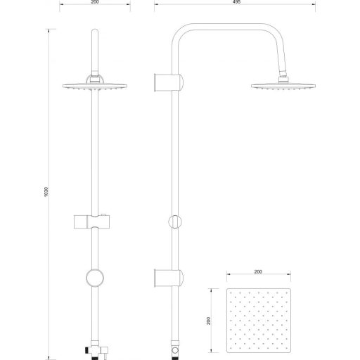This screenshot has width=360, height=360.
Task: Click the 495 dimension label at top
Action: click(237, 2)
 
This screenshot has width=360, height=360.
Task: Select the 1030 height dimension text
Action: click(46, 192)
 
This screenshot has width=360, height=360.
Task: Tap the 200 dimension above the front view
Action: click(95, 2)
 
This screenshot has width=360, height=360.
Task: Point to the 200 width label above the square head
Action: click(258, 271)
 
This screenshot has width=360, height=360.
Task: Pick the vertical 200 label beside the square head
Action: click(209, 321)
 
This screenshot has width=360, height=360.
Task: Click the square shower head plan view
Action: click(259, 321)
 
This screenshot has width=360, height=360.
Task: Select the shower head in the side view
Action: click(283, 86)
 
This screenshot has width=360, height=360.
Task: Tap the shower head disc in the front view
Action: click(95, 86)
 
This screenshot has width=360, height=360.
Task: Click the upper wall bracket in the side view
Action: click(169, 83)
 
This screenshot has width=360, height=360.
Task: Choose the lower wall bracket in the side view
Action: click(169, 278)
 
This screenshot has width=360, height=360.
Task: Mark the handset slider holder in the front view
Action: click(92, 221)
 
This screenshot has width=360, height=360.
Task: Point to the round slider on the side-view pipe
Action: click(175, 221)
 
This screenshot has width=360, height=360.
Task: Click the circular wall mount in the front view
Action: click(95, 278)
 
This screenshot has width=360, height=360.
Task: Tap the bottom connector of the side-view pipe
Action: click(175, 350)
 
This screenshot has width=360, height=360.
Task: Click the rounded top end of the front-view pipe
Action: click(95, 32)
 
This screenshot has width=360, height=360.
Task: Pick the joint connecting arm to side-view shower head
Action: click(283, 77)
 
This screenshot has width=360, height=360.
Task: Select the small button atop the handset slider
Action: click(103, 214)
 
